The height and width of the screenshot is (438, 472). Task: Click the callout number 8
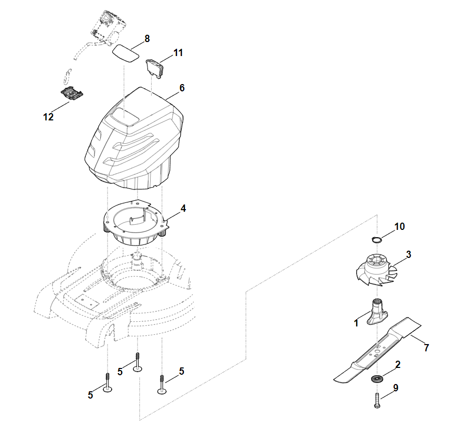tap(147, 38)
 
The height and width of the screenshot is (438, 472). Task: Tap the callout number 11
tap(178, 53)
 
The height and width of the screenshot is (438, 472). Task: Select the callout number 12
tap(48, 117)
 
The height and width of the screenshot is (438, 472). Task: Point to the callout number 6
tap(182, 88)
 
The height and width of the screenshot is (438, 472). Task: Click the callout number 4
tap(183, 208)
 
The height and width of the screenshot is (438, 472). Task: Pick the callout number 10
tap(399, 226)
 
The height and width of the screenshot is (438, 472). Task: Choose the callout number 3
tap(409, 254)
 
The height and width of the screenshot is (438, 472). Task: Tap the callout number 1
tap(356, 323)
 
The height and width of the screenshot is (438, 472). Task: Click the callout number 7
tap(426, 348)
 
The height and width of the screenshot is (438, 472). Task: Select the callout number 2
tap(398, 365)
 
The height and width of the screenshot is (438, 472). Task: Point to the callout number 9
tap(396, 387)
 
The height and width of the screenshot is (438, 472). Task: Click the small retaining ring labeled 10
tap(376, 239)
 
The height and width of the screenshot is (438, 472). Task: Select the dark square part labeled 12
tap(72, 93)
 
